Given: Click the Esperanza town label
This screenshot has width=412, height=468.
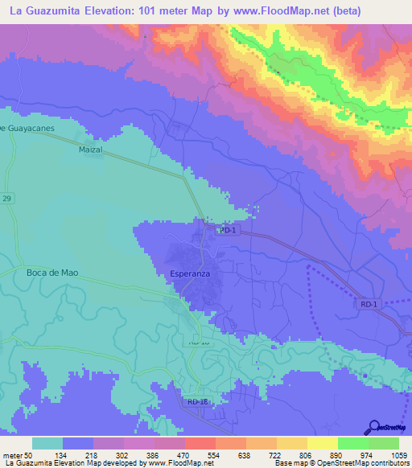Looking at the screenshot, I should (x=191, y=274).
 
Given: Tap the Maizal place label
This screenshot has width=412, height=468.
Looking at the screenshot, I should (x=93, y=150).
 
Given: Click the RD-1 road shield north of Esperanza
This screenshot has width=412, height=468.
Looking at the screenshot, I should (x=228, y=230).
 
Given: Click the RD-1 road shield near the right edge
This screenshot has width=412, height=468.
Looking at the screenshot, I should (x=369, y=304).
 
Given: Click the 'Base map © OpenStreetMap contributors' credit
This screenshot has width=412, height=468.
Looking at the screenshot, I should (x=340, y=464).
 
